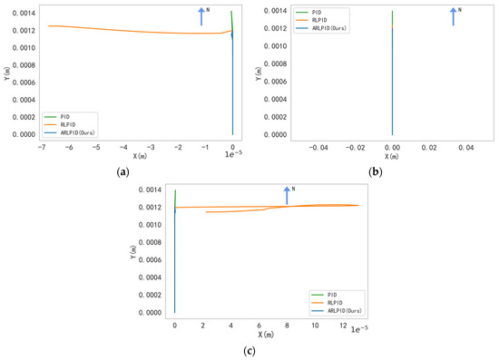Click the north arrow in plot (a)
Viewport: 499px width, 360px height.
point(201,15)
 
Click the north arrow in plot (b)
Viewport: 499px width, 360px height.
point(454,15)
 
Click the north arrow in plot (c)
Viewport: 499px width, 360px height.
point(287,195)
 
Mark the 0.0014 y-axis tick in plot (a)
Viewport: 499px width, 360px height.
point(25,11)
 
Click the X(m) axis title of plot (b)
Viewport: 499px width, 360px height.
point(391,154)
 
